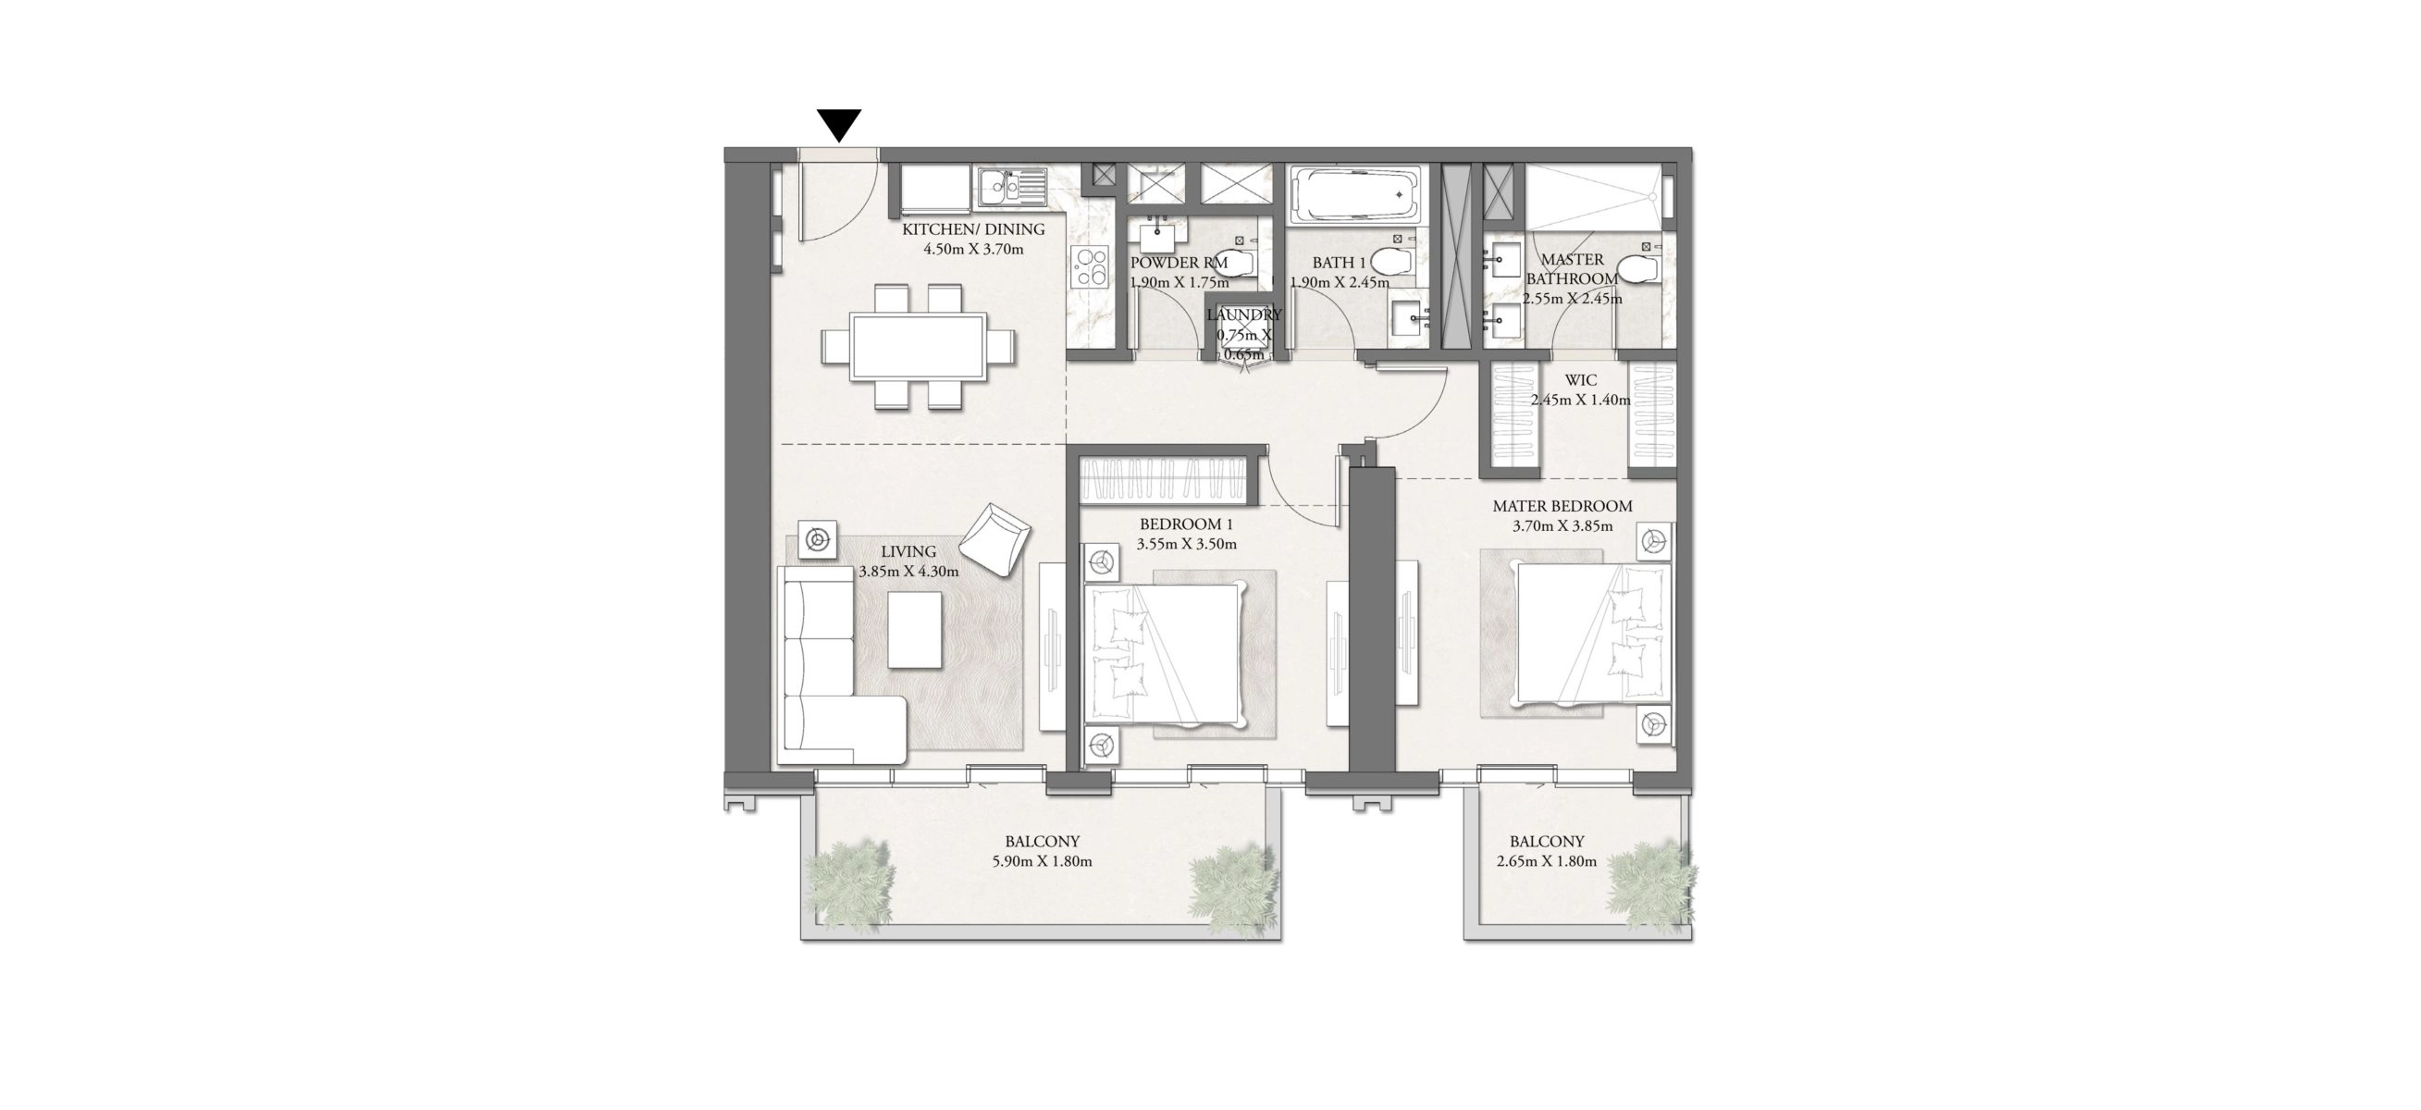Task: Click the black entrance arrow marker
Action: click(x=838, y=125)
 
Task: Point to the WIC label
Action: click(x=1581, y=381)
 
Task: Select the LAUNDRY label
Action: click(x=1244, y=315)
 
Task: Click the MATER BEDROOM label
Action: click(x=1562, y=506)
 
